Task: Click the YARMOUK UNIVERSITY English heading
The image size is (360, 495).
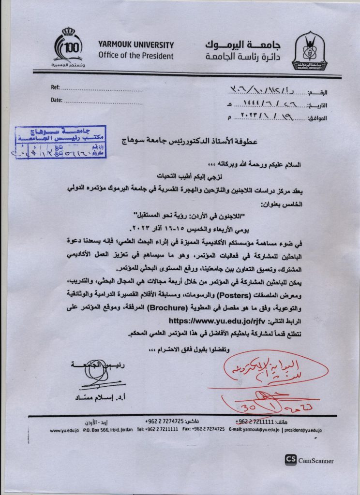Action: click(135, 45)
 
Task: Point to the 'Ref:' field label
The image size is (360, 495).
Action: click(55, 87)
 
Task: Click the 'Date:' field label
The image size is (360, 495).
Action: click(57, 100)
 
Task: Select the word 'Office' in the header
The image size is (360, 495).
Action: click(111, 56)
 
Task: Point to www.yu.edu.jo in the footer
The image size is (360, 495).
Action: click(64, 429)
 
